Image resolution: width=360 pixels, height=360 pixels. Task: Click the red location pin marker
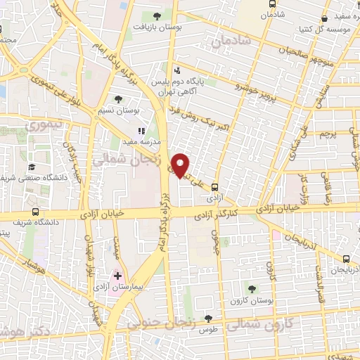tap(181, 165)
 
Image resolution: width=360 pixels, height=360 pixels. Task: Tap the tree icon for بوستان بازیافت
tap(156, 15)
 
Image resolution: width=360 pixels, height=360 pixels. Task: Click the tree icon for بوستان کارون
tap(252, 288)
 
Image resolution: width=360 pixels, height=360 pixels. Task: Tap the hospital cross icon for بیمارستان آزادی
tap(117, 274)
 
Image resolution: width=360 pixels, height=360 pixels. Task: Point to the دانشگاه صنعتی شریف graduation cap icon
tap(32, 167)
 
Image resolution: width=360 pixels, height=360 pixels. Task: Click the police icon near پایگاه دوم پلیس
tap(176, 70)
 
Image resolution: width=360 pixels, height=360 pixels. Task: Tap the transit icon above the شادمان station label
tap(272, 4)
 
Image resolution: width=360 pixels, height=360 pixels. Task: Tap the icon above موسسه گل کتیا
tap(324, 19)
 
